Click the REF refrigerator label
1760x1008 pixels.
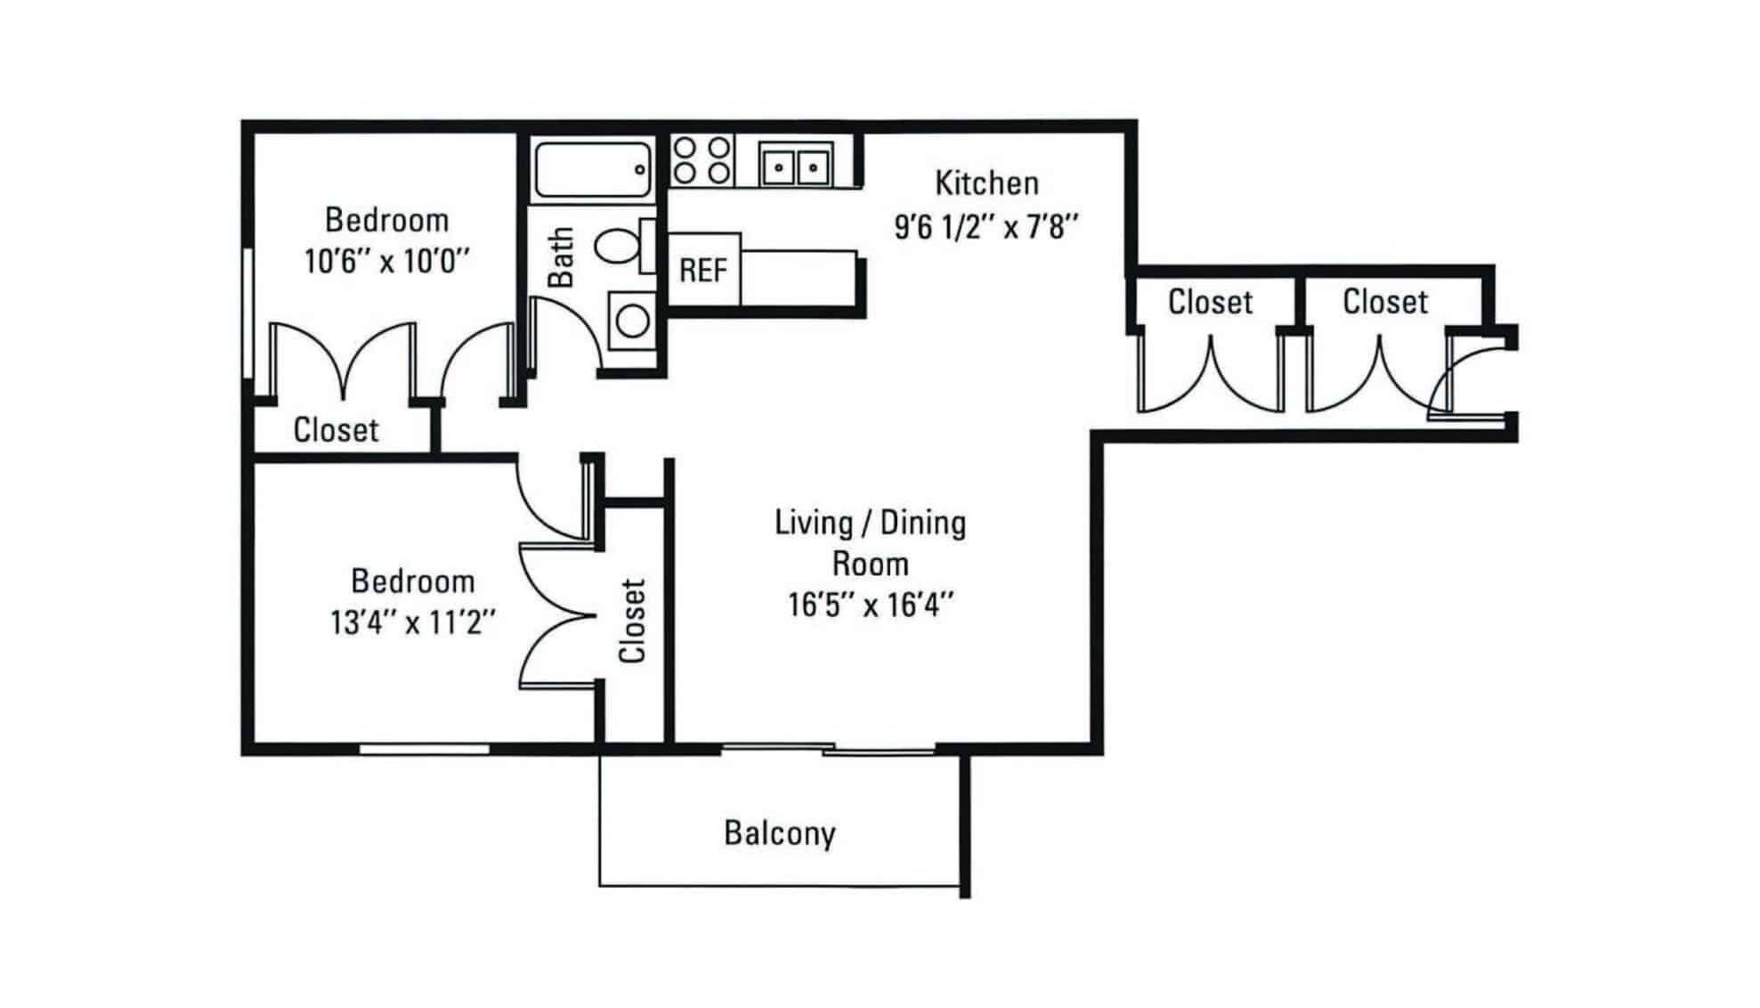pyautogui.click(x=703, y=270)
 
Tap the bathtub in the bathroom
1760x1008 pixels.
pyautogui.click(x=593, y=169)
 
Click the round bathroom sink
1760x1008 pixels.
pyautogui.click(x=633, y=321)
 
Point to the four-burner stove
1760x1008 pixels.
pyautogui.click(x=702, y=160)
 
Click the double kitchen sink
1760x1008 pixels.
pyautogui.click(x=796, y=166)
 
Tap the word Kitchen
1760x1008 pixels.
pyautogui.click(x=986, y=183)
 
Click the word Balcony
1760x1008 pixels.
pyautogui.click(x=780, y=833)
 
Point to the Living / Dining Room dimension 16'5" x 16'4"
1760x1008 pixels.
pyautogui.click(x=871, y=605)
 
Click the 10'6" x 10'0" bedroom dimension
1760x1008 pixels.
pyautogui.click(x=386, y=261)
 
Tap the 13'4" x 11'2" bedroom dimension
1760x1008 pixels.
pyautogui.click(x=413, y=622)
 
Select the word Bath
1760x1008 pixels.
pyautogui.click(x=561, y=257)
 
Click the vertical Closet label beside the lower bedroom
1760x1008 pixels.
pyautogui.click(x=631, y=621)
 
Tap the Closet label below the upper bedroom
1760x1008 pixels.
pyautogui.click(x=336, y=430)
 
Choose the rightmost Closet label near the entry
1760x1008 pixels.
pyautogui.click(x=1385, y=302)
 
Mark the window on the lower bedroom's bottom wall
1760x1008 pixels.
pyautogui.click(x=424, y=750)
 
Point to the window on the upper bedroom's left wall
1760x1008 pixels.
pyautogui.click(x=247, y=313)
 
